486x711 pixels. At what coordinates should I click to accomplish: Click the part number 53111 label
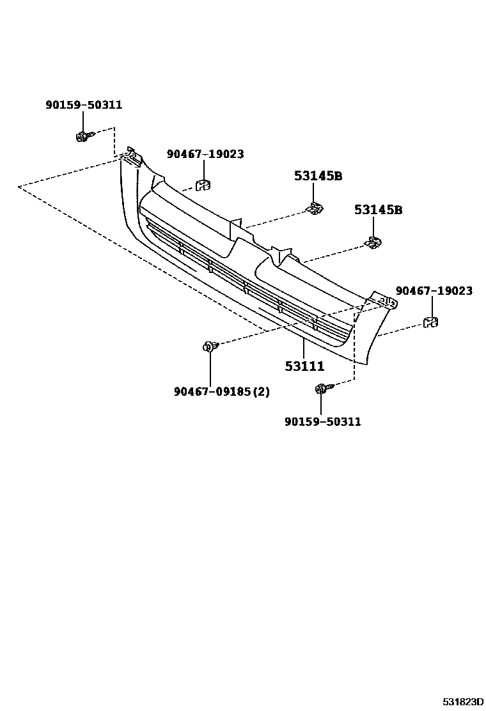304,367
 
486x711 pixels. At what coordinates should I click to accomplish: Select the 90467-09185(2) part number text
221,391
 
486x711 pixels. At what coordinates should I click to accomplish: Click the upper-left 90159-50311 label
83,105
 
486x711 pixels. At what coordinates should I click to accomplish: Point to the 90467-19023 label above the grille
205,154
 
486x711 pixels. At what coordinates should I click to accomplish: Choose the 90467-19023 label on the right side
434,291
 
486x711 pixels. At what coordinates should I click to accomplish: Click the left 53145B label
318,176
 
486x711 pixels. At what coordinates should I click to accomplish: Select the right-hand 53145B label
378,210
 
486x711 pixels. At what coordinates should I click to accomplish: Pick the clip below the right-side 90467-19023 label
432,322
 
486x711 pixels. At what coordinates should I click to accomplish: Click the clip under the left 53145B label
315,208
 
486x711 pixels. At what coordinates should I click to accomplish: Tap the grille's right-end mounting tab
385,302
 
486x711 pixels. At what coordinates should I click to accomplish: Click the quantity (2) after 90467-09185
262,391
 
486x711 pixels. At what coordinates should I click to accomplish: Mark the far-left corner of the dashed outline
19,186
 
